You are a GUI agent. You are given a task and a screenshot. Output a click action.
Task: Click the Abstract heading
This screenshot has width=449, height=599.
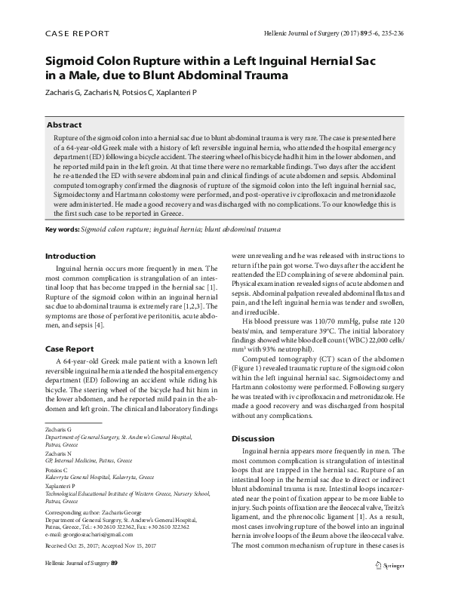[65, 124]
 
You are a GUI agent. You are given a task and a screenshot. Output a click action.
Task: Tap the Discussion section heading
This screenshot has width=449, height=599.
[253, 438]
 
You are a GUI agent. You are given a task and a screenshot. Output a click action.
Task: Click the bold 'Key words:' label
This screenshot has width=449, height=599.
[63, 229]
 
